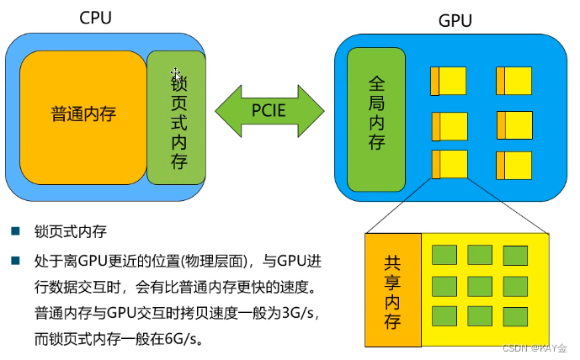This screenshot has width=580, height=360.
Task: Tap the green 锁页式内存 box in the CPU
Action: (x=177, y=118)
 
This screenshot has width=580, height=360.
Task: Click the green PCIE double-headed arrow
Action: (x=269, y=109)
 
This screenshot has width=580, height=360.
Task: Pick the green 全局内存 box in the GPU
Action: (x=376, y=119)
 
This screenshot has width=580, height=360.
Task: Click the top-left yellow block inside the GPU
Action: (x=449, y=81)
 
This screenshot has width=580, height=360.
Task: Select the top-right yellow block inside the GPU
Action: (x=513, y=81)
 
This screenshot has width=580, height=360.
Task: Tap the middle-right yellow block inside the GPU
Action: (x=513, y=124)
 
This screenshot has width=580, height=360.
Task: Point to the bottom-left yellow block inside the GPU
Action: (x=449, y=164)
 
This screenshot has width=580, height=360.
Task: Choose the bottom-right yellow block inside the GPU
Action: (x=513, y=164)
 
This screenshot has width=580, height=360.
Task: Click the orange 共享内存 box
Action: (x=392, y=290)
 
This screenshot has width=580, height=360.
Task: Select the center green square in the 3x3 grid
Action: (x=479, y=286)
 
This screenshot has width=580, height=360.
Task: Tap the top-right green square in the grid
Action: (x=515, y=255)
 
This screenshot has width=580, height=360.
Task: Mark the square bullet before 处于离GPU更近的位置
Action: (x=16, y=261)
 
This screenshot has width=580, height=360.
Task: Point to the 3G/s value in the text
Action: (x=301, y=313)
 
